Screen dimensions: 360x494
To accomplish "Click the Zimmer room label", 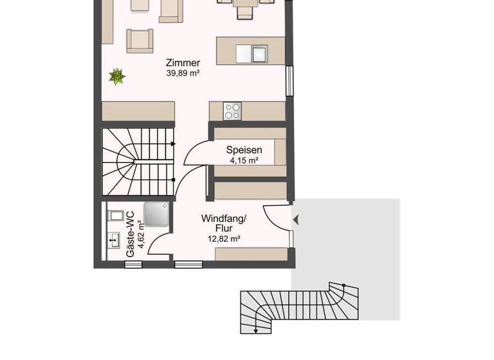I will (183, 63).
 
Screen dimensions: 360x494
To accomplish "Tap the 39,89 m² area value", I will (183, 73).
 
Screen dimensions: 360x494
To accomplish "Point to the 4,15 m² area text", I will (243, 161).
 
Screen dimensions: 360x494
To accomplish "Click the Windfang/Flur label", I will (224, 223).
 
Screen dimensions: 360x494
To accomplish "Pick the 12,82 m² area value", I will (224, 239).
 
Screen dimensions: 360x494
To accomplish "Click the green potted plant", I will (116, 77).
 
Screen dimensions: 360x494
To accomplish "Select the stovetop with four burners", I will (232, 111).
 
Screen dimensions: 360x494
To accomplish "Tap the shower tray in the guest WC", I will (156, 214).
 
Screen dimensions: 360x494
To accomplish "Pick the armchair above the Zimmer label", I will (140, 40).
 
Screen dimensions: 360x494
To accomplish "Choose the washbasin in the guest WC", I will (114, 240).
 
